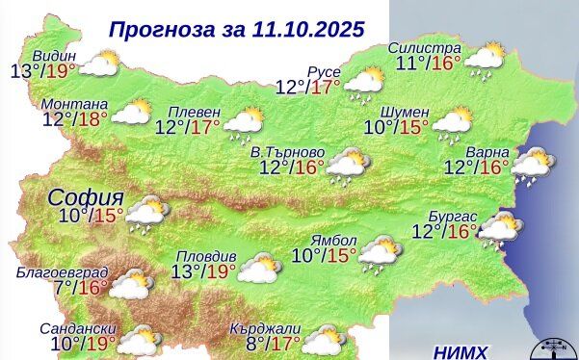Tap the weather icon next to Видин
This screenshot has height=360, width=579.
[x=99, y=65]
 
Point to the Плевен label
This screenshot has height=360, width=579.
[x=194, y=110]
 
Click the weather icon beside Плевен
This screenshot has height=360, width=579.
[x=244, y=121]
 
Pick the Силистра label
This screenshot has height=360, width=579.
[x=424, y=48]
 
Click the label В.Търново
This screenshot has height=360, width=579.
[x=287, y=152]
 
